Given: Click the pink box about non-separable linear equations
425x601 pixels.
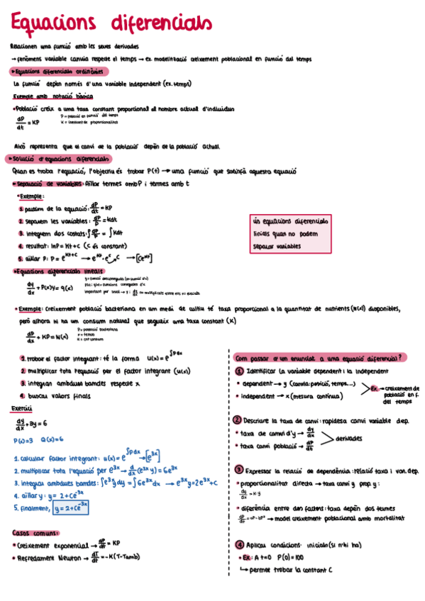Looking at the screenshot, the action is tap(291, 233).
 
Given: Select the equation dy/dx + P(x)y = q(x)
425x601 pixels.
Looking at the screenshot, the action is tap(50, 288).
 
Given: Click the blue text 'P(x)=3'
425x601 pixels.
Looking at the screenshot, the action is tap(25, 440).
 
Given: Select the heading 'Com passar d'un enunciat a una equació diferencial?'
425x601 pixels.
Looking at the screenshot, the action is tap(320, 357).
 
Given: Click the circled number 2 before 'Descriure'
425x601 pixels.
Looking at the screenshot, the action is tap(238, 420).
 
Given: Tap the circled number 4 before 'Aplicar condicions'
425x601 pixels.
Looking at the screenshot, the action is tap(238, 544).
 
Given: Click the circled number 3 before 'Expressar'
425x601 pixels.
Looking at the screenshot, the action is tap(238, 469).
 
